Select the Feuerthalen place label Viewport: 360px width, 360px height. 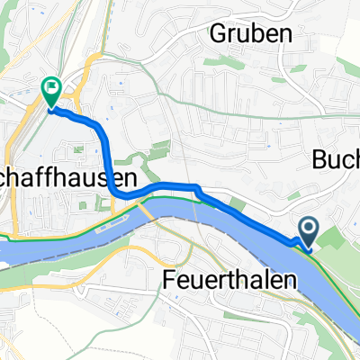coord(231,280)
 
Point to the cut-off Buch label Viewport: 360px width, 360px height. coord(337,159)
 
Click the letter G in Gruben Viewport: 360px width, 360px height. coord(220,33)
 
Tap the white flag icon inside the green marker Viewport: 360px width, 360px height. coord(51,87)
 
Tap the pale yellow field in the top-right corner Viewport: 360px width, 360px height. coord(346,18)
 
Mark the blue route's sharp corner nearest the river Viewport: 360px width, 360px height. coord(195,187)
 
